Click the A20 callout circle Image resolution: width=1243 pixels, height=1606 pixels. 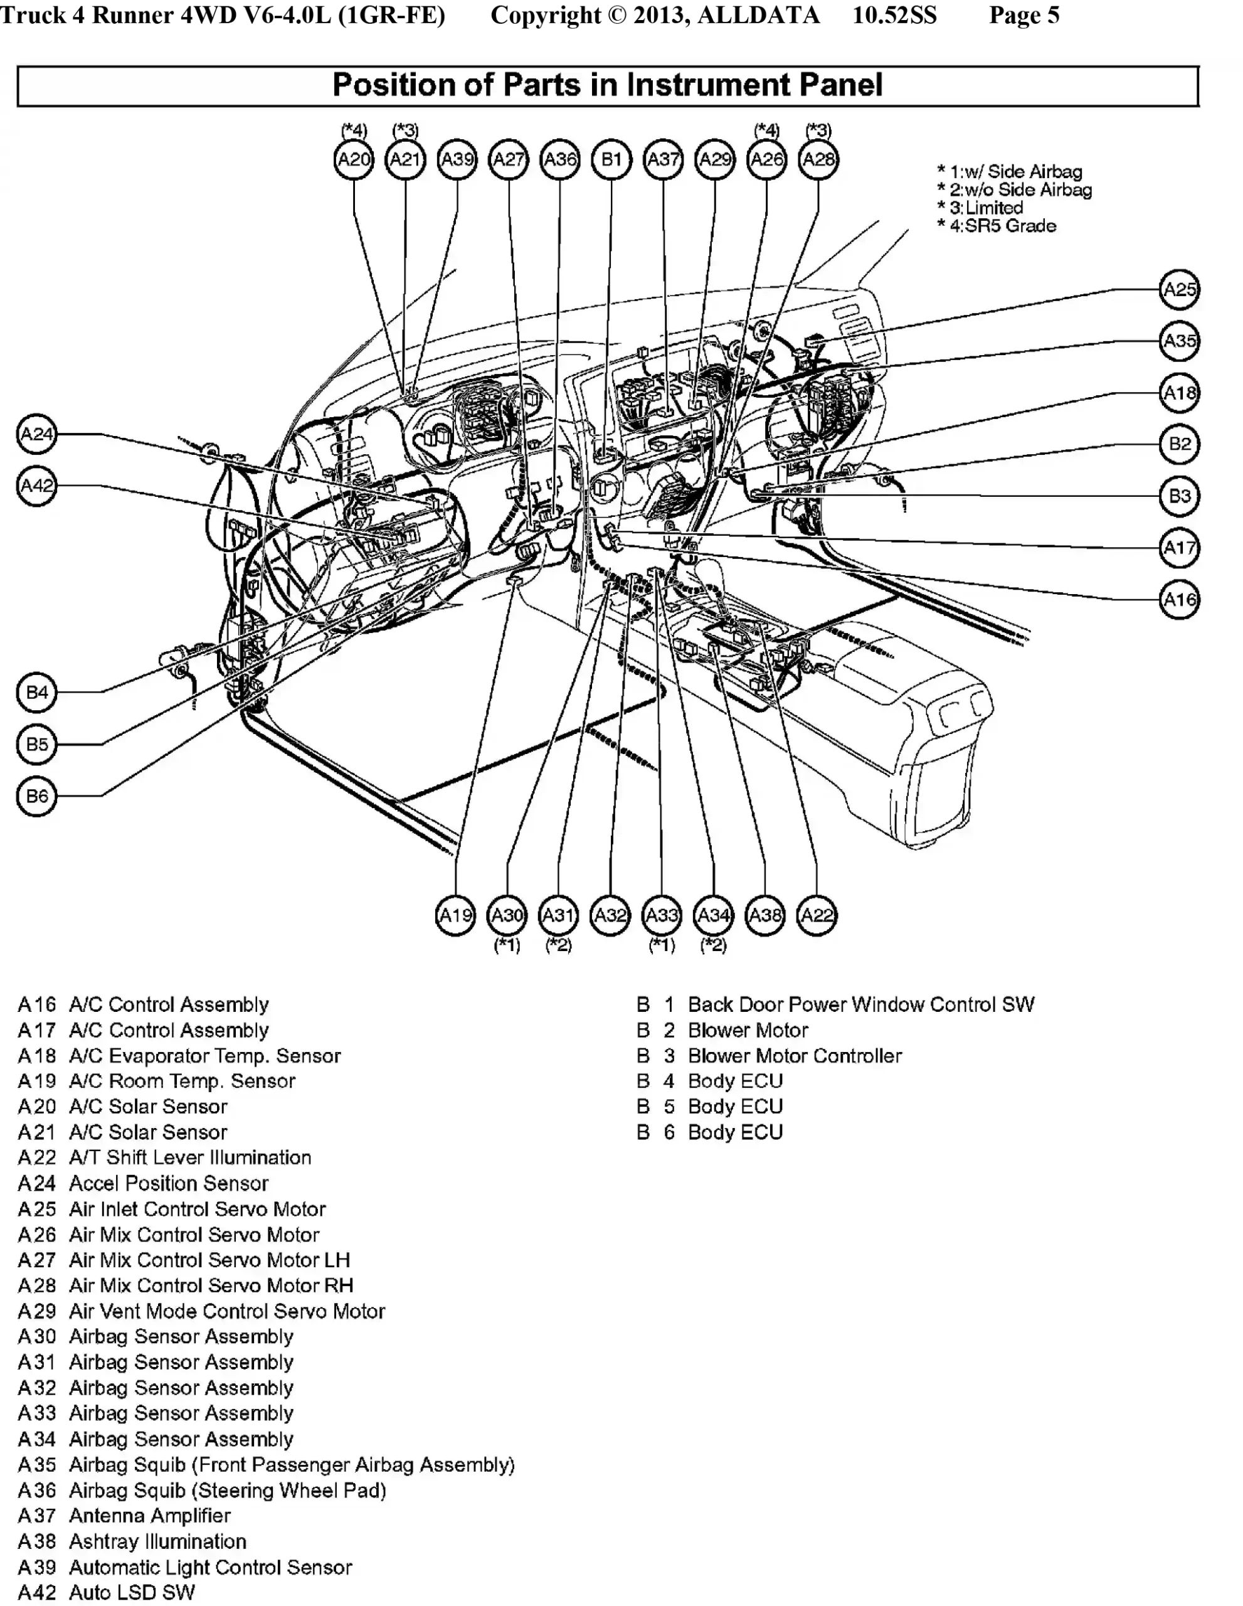pyautogui.click(x=354, y=159)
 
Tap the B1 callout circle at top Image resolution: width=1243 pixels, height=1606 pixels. pyautogui.click(x=611, y=159)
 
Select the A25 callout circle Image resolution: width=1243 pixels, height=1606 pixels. pyautogui.click(x=1179, y=289)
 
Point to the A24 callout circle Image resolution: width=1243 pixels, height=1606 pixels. pyautogui.click(x=37, y=434)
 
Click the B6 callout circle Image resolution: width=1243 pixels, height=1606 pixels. pyautogui.click(x=37, y=795)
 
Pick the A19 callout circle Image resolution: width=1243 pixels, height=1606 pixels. pyautogui.click(x=456, y=915)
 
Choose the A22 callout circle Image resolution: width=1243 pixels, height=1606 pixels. pyautogui.click(x=817, y=915)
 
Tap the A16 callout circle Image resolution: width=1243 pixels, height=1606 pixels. pyautogui.click(x=1179, y=599)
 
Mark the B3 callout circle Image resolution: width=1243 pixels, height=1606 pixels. pyautogui.click(x=1179, y=496)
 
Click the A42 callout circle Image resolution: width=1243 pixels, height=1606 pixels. pyautogui.click(x=37, y=486)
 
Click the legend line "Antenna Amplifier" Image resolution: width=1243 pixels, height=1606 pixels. pyautogui.click(x=149, y=1516)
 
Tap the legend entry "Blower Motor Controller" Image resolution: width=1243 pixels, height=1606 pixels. pyautogui.click(x=794, y=1056)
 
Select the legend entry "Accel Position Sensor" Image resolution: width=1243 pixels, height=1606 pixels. pyautogui.click(x=168, y=1183)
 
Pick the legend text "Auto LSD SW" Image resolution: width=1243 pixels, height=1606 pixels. pyautogui.click(x=132, y=1592)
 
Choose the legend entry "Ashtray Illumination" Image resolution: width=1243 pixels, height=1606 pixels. pyautogui.click(x=157, y=1541)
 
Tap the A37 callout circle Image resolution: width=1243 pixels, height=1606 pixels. pyautogui.click(x=663, y=159)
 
